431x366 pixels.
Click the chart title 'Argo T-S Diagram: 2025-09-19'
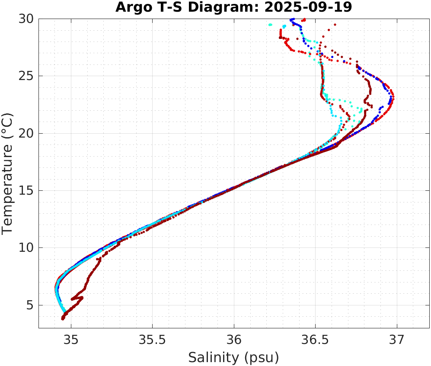pyautogui.click(x=233, y=7)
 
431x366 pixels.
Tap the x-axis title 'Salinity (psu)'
pyautogui.click(x=233, y=357)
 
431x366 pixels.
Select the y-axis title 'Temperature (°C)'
pyautogui.click(x=8, y=173)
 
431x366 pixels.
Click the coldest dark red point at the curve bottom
pyautogui.click(x=63, y=319)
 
